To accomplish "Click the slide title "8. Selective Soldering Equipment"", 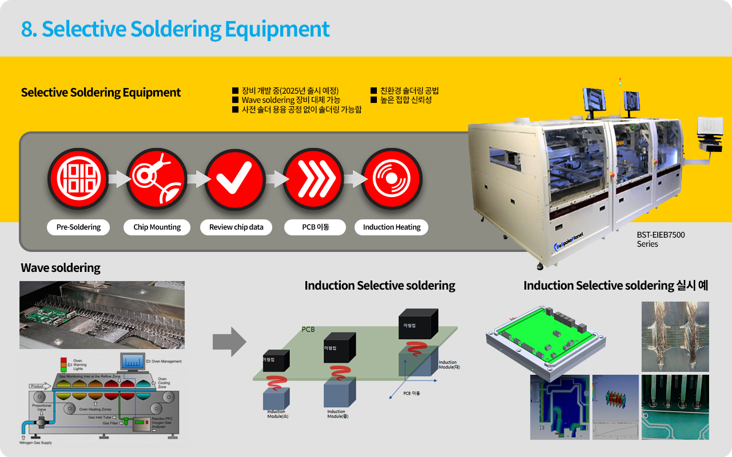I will (175, 29).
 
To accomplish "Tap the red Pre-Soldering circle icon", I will (78, 178).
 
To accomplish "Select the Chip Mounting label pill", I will (157, 227).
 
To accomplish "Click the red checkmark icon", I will (235, 178).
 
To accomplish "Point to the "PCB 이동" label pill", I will (315, 227).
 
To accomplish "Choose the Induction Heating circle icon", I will (392, 178).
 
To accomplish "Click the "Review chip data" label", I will (236, 227).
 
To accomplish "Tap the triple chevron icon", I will (313, 178).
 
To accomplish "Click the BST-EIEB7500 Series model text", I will (661, 239).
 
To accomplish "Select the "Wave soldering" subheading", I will (61, 267).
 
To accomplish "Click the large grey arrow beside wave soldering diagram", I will (229, 342).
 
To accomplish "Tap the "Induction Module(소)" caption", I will (277, 414).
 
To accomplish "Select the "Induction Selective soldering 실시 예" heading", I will (616, 285).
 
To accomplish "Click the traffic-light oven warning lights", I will (63, 364).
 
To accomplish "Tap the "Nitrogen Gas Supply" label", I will (35, 443).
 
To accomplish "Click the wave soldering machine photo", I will (102, 315).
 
